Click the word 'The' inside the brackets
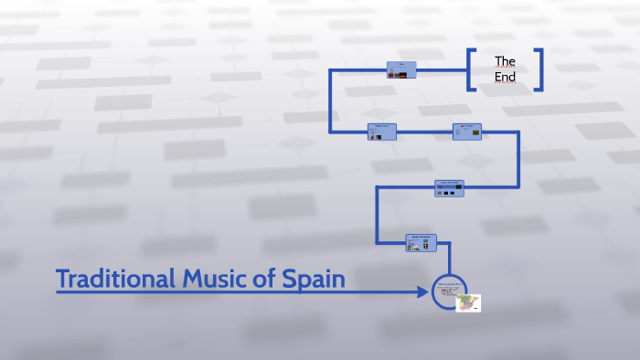505,61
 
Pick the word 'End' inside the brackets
505,78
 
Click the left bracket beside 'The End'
471,69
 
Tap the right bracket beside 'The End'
539,69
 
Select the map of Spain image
468,302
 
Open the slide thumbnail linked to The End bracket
400,69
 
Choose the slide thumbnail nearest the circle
421,242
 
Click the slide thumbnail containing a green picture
466,132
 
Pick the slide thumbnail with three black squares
449,187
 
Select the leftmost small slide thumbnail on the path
381,132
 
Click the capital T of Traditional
63,279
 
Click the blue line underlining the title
201,292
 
